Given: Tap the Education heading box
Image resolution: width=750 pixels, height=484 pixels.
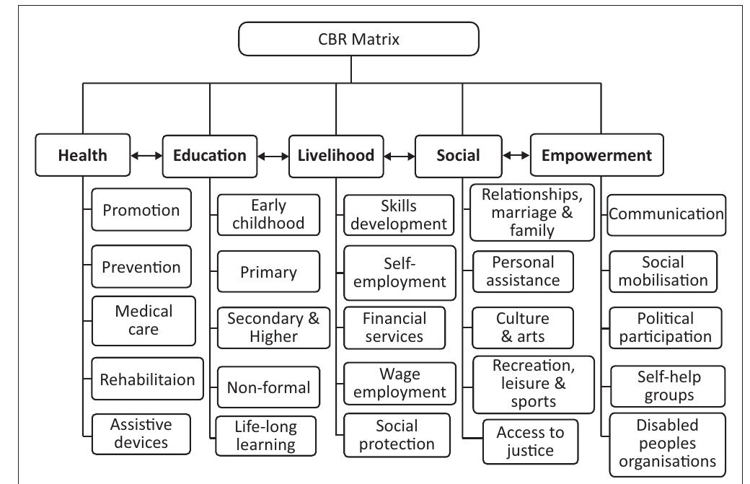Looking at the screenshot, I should pyautogui.click(x=209, y=155).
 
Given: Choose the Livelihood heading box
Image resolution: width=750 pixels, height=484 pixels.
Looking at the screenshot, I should pyautogui.click(x=336, y=155).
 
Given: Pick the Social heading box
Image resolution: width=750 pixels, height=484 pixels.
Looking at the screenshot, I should pyautogui.click(x=458, y=155).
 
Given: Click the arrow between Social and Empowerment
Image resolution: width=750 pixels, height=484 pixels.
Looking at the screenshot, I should pyautogui.click(x=516, y=155).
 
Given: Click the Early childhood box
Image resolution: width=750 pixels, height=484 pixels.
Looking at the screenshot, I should pyautogui.click(x=268, y=214).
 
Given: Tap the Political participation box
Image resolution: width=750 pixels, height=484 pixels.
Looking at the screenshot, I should pyautogui.click(x=665, y=327).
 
